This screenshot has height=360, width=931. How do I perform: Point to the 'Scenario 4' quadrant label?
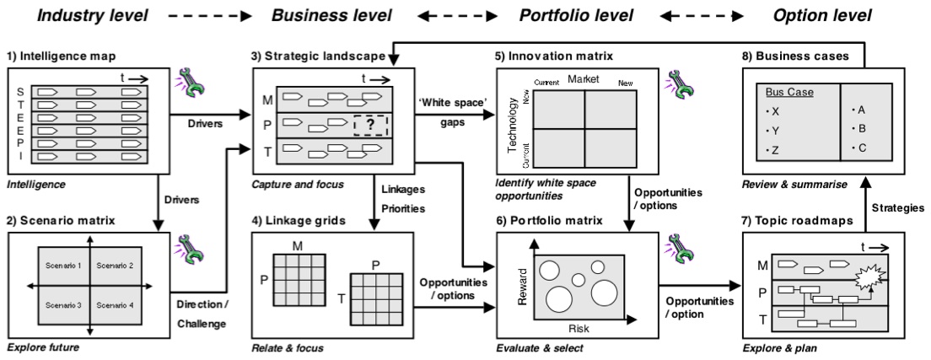115,304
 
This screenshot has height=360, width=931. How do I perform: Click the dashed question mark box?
370,126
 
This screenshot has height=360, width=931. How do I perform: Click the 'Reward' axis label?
523,287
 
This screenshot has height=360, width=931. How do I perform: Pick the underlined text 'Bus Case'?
783,91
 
